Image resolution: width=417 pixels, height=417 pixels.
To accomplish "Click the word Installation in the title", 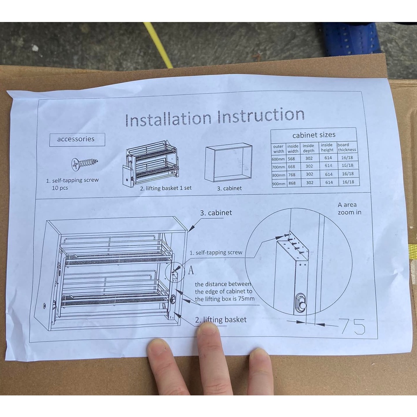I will click(168, 119).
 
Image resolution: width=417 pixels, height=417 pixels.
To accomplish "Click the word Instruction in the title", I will click(261, 115).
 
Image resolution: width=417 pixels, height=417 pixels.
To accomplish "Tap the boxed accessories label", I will click(76, 139).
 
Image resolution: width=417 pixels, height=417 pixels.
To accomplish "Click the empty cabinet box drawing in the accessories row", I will click(228, 162).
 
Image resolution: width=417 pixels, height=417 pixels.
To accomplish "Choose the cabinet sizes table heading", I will click(314, 135).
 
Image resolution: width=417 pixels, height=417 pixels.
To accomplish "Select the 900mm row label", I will click(279, 183).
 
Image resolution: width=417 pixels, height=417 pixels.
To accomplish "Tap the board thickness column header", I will click(347, 147).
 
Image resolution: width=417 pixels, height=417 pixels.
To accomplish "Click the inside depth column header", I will click(308, 148).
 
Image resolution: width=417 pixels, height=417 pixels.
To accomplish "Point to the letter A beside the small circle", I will click(190, 270).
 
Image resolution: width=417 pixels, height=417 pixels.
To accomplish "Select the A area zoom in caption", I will click(349, 209).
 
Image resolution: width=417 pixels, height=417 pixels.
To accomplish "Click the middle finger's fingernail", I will click(208, 328).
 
